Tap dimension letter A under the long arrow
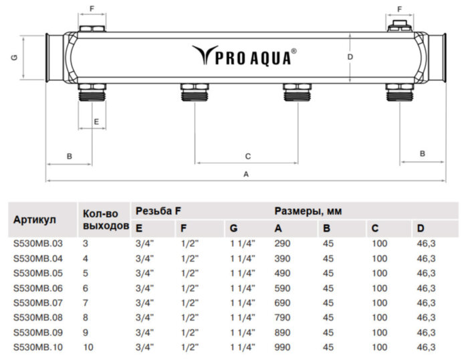[x=246, y=174]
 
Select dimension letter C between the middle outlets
[x=247, y=156]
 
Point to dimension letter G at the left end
[x=13, y=58]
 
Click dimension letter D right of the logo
[x=350, y=58]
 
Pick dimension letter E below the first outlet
[x=96, y=122]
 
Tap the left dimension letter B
[x=69, y=156]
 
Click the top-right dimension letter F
[x=400, y=9]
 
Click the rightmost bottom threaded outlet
[x=400, y=92]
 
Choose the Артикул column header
[x=35, y=219]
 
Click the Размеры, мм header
[x=308, y=211]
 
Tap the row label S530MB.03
[x=37, y=244]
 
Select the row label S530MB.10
[x=37, y=347]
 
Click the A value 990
[x=283, y=347]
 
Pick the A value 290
[x=283, y=244]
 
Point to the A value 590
[x=283, y=288]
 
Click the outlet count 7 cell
[x=85, y=303]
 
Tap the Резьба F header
[x=158, y=211]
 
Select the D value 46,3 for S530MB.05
[x=426, y=273]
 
